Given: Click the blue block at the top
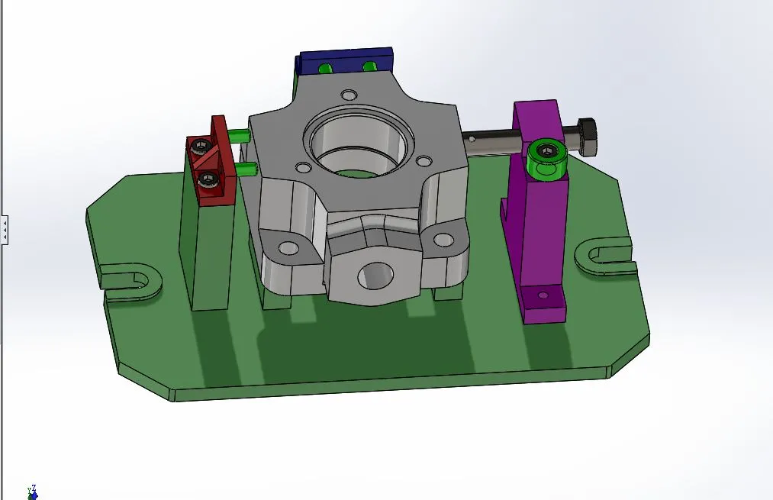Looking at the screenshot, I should coord(346,59).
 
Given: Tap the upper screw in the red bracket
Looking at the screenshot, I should coord(201,145).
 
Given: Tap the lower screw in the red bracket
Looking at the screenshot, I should coord(207,180).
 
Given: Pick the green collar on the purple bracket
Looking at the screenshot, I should coord(547,156).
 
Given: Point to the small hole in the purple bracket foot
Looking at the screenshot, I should coord(543,295).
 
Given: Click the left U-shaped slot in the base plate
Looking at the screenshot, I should coord(130,279).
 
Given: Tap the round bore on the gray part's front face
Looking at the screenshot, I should coord(375,276).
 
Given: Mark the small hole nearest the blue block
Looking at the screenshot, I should coord(349,95).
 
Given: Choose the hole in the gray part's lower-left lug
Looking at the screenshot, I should coord(288,248).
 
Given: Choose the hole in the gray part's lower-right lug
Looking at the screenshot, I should coord(443,240).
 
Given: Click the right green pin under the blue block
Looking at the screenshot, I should coord(369,66).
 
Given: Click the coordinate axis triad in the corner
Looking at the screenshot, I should coord(32,492).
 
